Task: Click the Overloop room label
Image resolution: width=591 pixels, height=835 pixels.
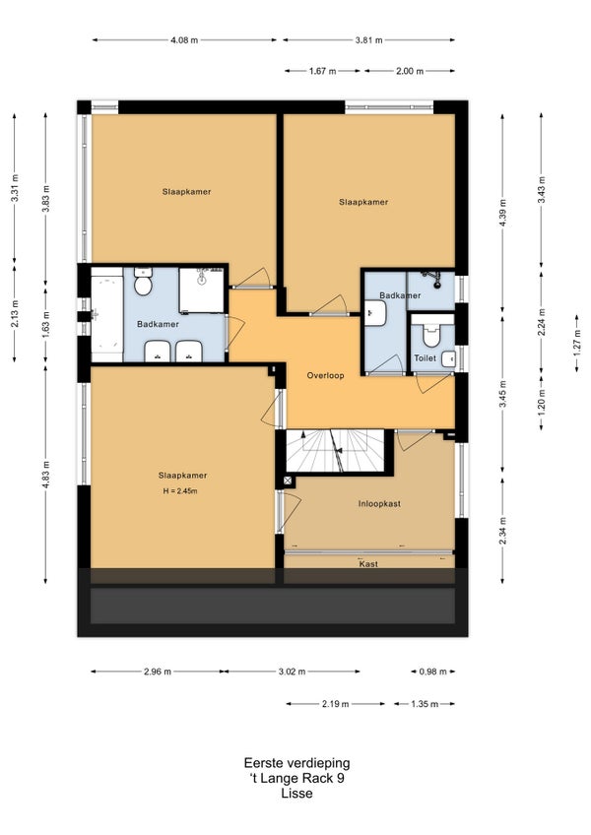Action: (325, 375)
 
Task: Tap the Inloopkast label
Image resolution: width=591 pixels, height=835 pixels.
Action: (379, 504)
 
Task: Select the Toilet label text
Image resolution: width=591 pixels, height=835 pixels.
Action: (426, 358)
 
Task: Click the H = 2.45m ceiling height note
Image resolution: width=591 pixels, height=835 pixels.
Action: (180, 491)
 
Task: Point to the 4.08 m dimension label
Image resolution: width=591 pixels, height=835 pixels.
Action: (184, 40)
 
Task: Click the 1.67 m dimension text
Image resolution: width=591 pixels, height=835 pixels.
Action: (322, 71)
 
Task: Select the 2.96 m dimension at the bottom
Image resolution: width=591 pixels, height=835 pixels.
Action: (158, 672)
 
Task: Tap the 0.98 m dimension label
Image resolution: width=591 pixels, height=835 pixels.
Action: (432, 672)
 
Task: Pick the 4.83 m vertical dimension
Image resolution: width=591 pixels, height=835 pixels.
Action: (46, 474)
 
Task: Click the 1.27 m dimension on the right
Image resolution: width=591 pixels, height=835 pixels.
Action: (577, 344)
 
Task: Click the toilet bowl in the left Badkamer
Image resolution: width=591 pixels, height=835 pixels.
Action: (143, 282)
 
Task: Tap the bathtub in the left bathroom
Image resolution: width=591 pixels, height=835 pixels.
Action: (106, 315)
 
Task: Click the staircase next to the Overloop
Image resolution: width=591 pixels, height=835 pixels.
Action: (335, 451)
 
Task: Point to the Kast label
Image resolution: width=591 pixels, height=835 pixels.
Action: (368, 564)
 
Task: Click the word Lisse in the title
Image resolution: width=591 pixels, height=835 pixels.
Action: (296, 793)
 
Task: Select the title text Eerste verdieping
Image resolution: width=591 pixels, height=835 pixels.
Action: (296, 763)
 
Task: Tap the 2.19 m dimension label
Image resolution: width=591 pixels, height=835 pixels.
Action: (335, 704)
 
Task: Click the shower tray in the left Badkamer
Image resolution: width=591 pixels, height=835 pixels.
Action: (202, 290)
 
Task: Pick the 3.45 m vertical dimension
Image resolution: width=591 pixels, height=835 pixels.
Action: (502, 395)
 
